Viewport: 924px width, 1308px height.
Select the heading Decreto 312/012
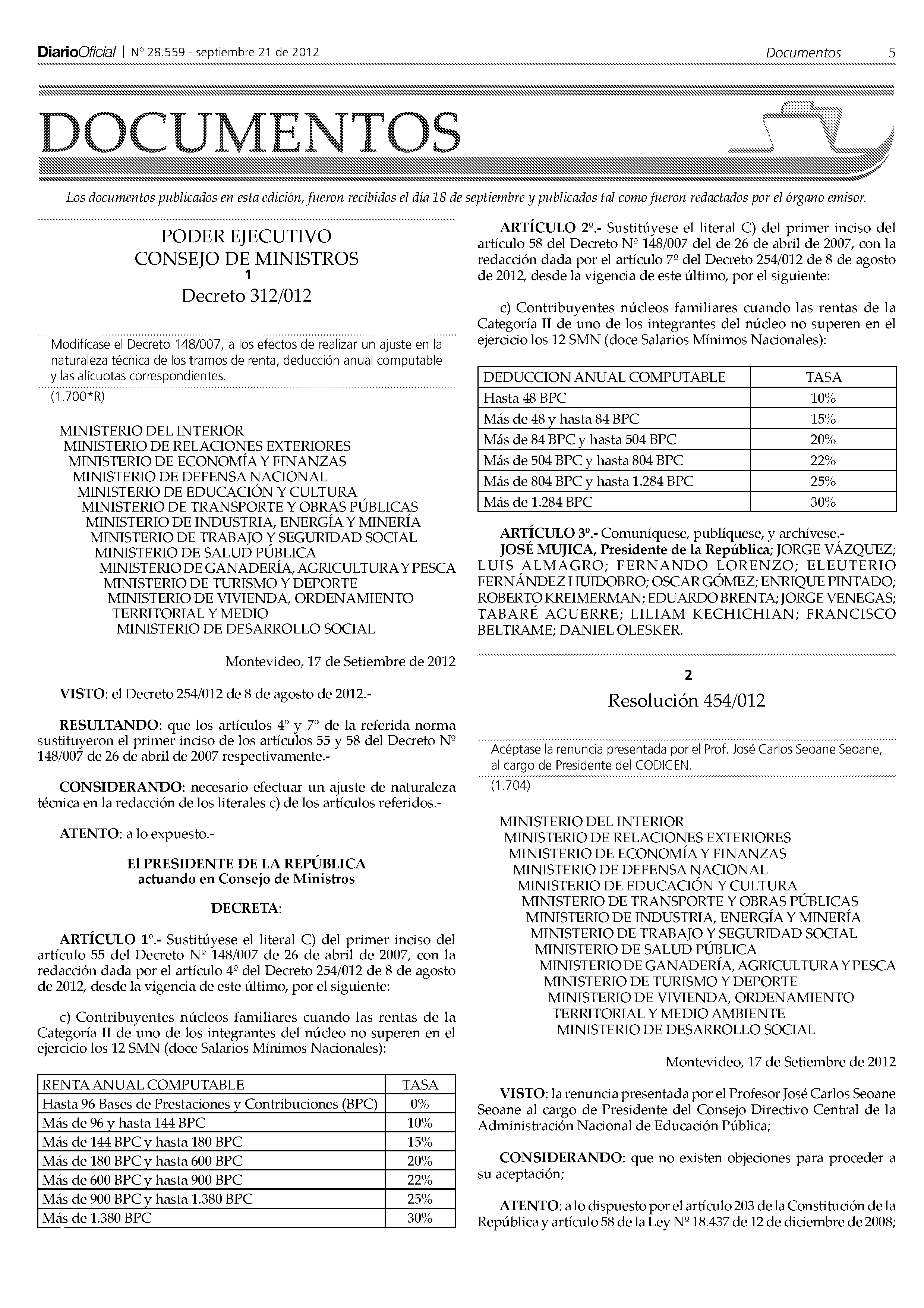246,296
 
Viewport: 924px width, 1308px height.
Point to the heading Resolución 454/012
686,700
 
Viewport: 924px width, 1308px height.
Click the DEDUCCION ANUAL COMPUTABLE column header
604,377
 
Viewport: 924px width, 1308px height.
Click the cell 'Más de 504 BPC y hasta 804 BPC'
583,460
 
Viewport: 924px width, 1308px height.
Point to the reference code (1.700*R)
78,396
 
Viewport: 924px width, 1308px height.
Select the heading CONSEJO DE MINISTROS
246,259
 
